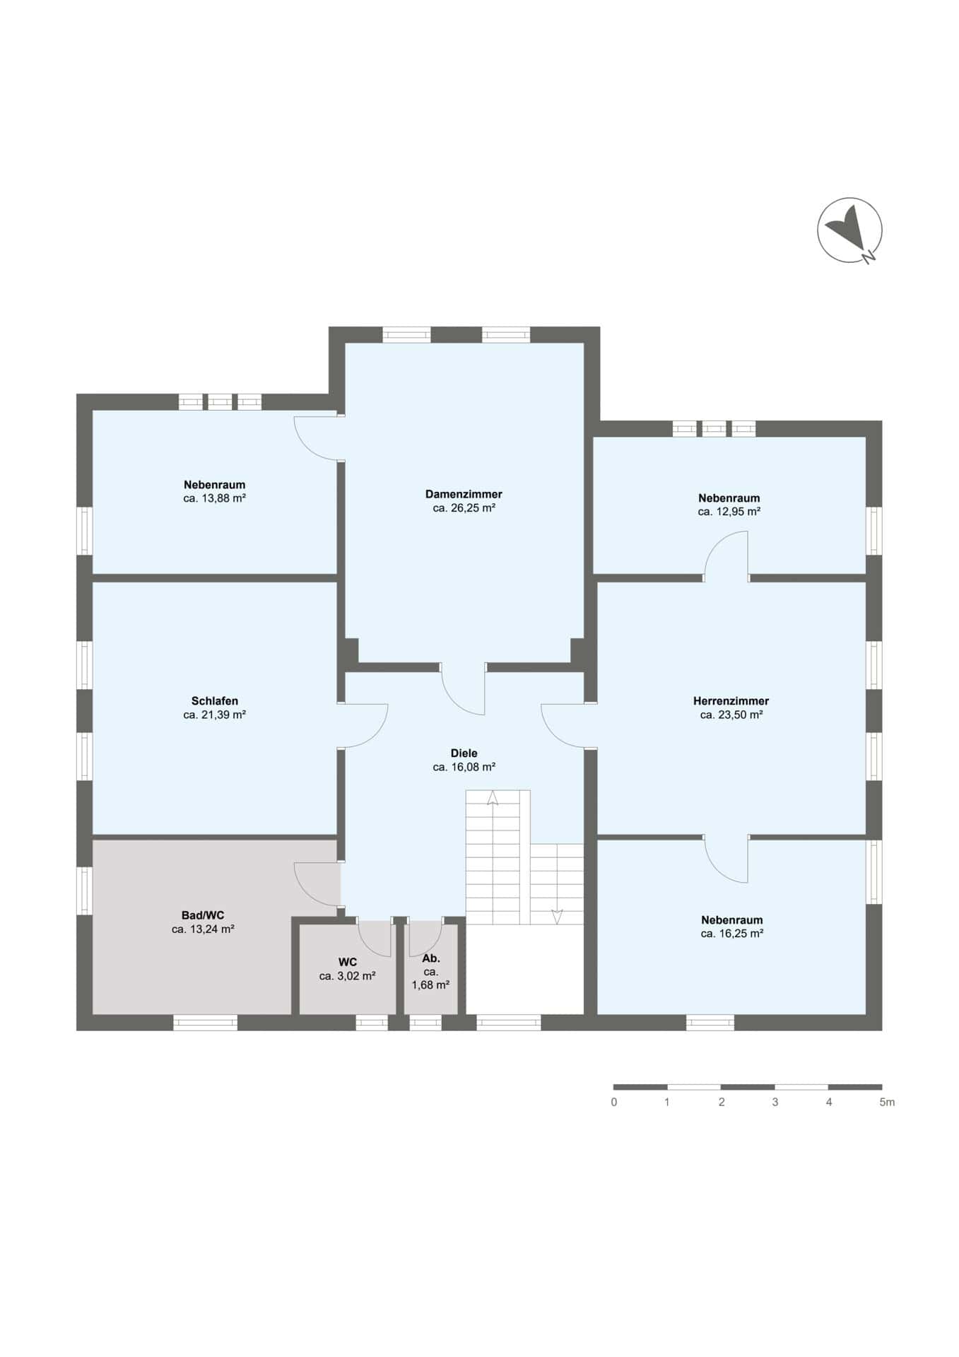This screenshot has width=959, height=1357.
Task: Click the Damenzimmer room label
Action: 464,494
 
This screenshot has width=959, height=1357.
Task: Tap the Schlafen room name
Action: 214,701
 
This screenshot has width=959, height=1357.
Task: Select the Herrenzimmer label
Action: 731,701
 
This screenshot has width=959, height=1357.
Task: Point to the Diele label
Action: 464,753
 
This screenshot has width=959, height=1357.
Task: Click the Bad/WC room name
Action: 203,915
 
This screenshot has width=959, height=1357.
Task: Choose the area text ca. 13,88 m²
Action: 214,498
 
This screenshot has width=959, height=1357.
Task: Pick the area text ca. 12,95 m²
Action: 729,512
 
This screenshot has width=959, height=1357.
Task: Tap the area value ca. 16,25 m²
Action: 732,934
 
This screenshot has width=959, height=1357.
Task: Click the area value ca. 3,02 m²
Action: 347,976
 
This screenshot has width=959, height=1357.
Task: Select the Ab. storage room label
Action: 431,958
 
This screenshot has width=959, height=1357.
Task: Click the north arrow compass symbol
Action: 850,230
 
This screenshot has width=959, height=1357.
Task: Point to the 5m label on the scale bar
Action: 887,1102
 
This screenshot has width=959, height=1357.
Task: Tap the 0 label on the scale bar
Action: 614,1102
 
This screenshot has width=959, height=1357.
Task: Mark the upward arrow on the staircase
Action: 493,798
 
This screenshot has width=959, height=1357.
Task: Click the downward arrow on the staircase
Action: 557,916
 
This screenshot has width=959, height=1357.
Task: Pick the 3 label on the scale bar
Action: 775,1102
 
